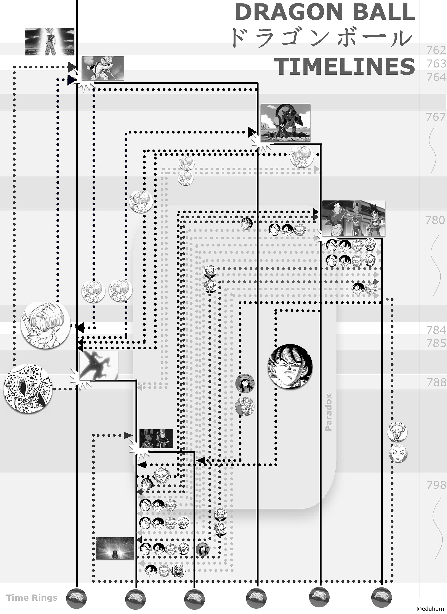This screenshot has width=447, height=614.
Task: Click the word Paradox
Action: pos(328,412)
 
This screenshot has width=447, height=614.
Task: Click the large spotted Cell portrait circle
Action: pos(28,388)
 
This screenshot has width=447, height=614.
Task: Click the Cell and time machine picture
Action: pos(285,123)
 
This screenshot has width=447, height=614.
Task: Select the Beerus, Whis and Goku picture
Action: pos(354,218)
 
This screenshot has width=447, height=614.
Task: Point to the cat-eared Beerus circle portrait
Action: pos(397,431)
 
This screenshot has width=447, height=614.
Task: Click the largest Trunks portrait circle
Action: pos(45,325)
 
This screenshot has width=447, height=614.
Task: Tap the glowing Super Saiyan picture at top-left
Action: pos(50,41)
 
